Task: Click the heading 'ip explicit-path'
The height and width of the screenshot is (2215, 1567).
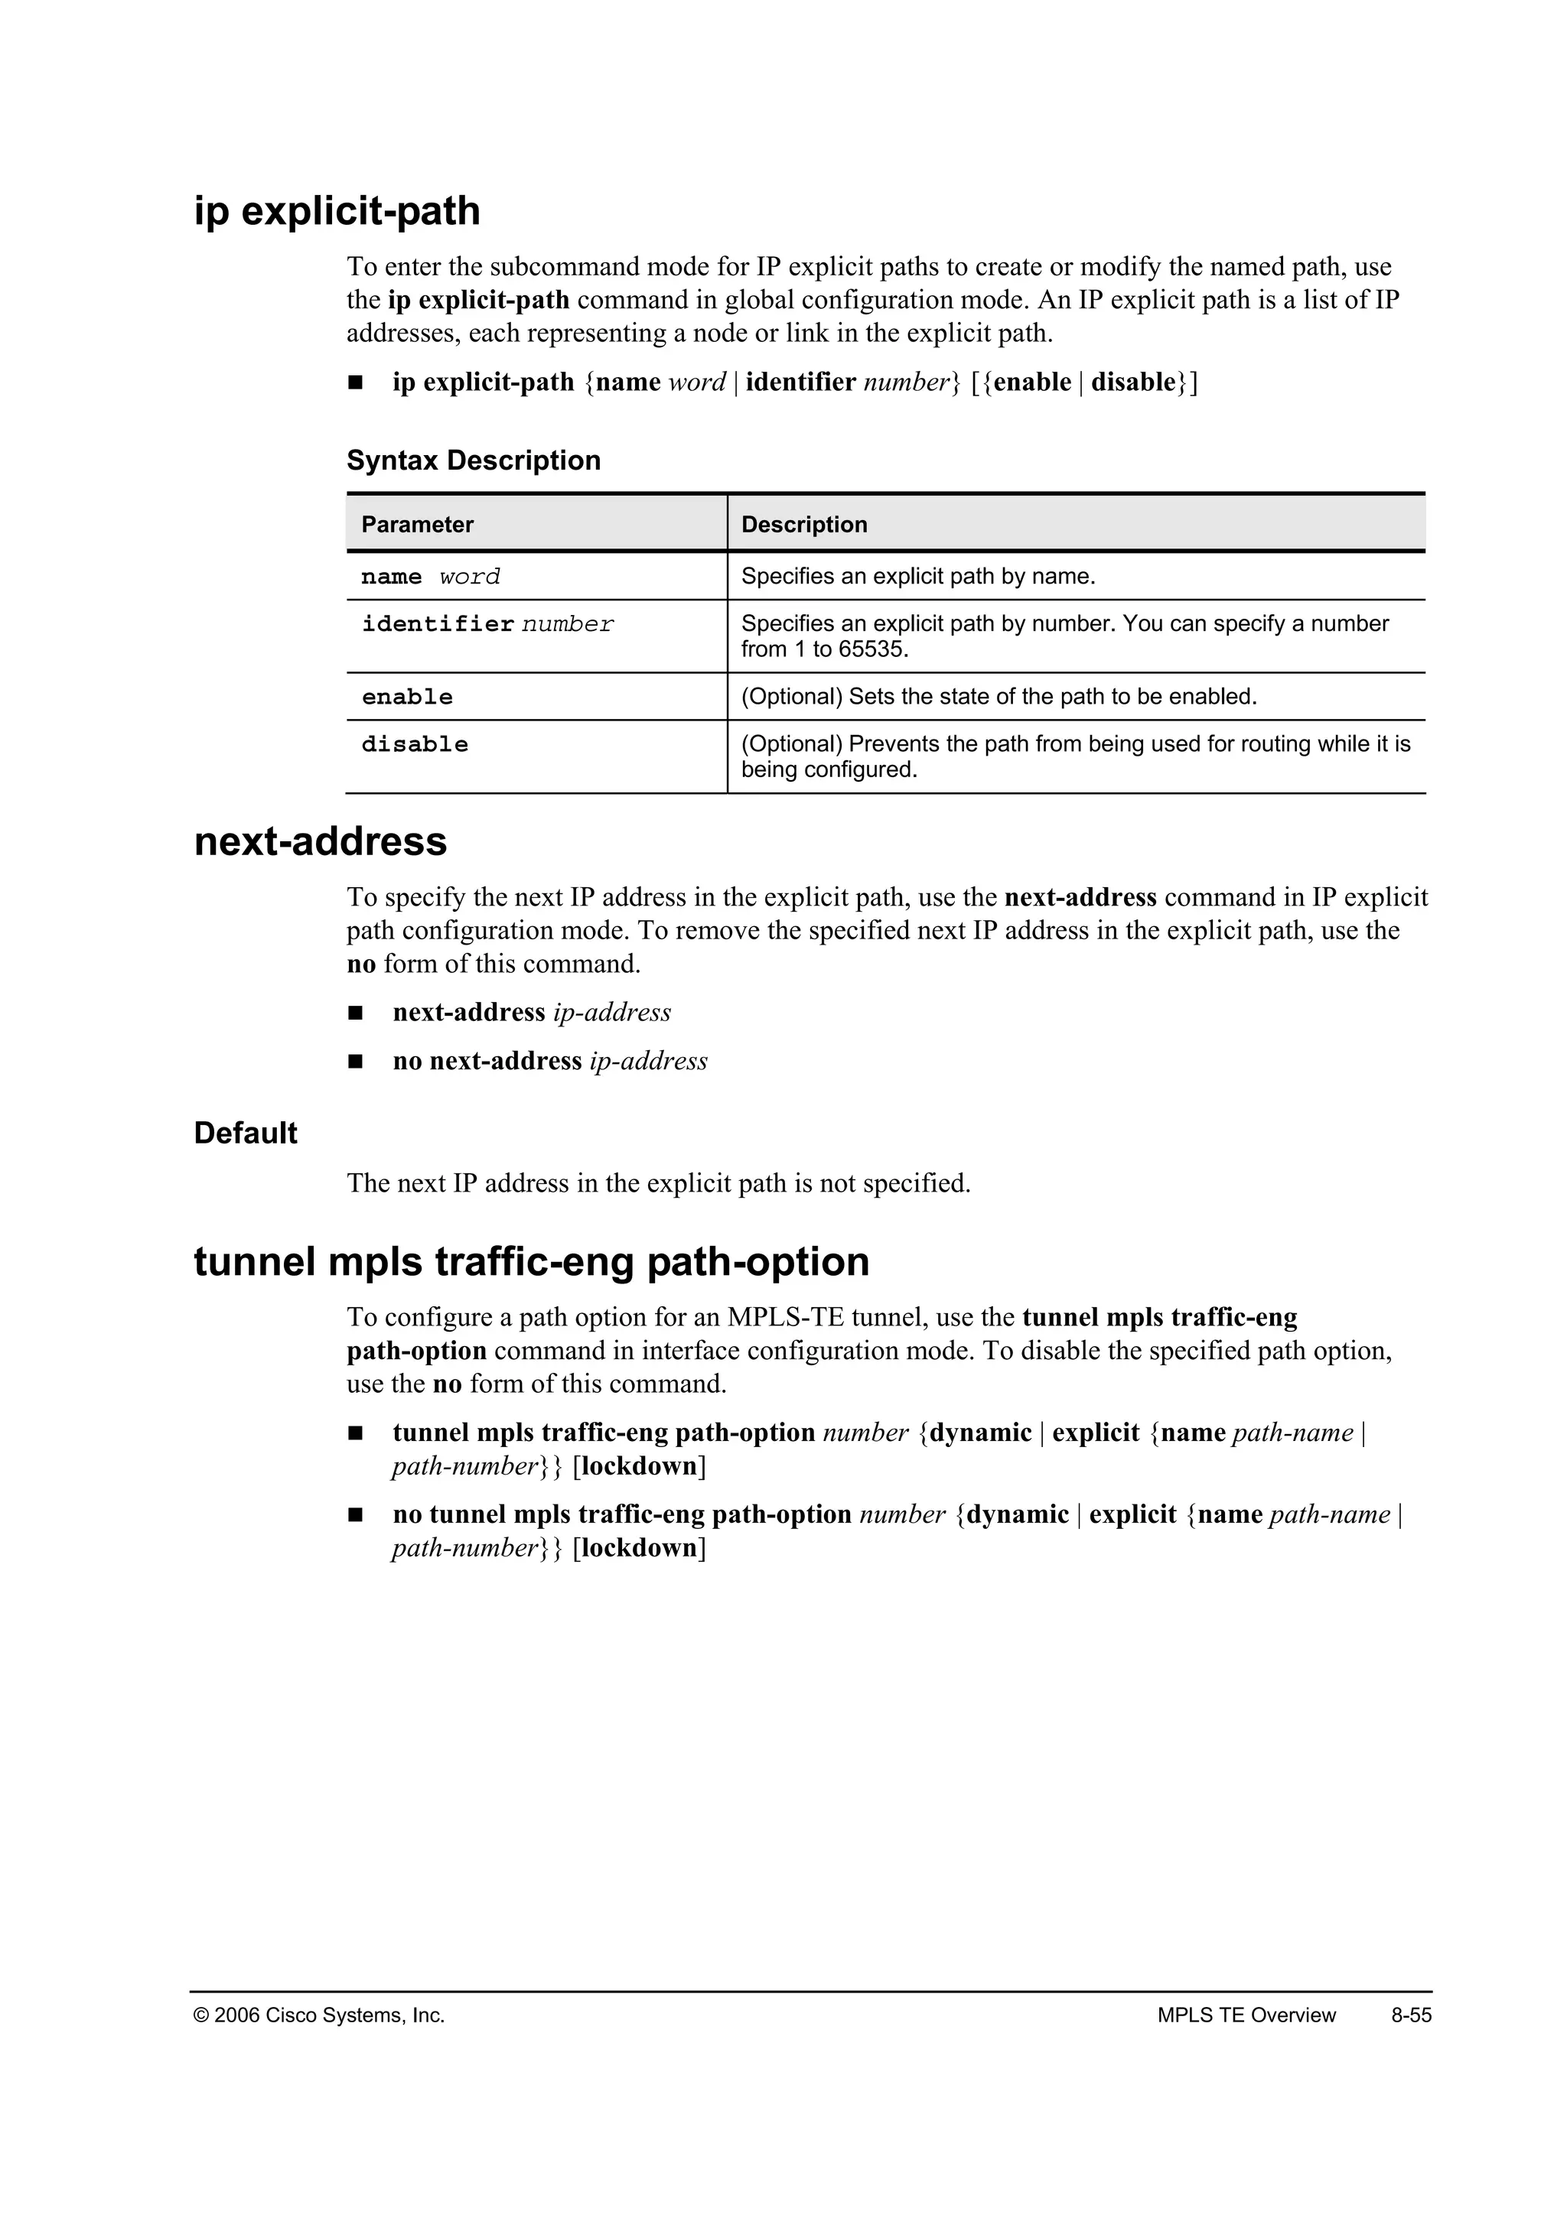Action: click(x=337, y=211)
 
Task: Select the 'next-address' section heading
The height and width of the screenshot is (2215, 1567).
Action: click(x=321, y=841)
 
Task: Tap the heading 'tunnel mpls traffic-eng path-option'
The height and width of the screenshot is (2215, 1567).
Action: click(x=532, y=1262)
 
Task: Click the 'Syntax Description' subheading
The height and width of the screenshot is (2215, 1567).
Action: click(x=473, y=460)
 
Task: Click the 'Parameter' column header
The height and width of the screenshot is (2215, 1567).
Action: click(x=417, y=525)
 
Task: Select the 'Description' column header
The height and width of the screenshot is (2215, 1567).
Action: click(x=803, y=525)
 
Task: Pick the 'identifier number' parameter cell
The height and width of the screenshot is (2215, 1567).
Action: click(x=487, y=624)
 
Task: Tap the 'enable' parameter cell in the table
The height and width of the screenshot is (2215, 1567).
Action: click(x=407, y=697)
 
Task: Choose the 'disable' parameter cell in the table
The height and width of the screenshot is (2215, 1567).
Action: click(x=415, y=743)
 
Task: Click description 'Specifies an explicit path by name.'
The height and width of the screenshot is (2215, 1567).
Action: click(x=917, y=577)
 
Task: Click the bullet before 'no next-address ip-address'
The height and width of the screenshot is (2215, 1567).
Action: click(x=355, y=1061)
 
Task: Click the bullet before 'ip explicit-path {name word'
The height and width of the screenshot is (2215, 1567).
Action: click(x=355, y=383)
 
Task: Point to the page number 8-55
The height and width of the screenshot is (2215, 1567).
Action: click(x=1411, y=2015)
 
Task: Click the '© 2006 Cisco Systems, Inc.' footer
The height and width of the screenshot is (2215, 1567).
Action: click(x=319, y=2015)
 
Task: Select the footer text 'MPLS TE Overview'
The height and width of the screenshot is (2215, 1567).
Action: click(x=1246, y=2015)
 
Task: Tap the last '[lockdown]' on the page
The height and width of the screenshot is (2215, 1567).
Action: click(x=639, y=1548)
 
